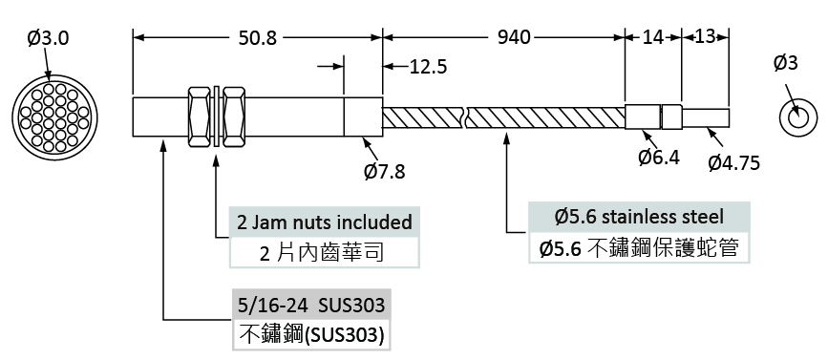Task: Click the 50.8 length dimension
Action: point(257,37)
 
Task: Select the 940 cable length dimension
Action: point(514,37)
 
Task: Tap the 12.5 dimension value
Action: point(428,67)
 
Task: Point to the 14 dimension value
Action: point(653,37)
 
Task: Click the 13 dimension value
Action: point(705,36)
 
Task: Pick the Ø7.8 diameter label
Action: point(385,171)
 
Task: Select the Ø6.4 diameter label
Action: point(659,158)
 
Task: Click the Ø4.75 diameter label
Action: point(734,163)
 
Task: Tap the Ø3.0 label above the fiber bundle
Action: point(48,38)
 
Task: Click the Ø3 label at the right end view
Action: point(786,63)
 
